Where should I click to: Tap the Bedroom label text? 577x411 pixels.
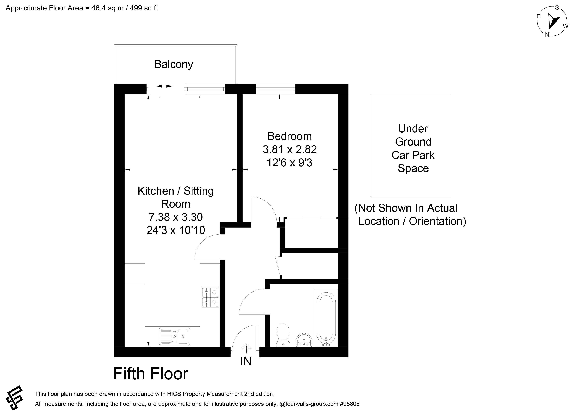290,136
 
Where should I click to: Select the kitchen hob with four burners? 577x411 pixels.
210,297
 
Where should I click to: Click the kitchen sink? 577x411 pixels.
174,336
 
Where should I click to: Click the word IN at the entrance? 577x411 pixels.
246,361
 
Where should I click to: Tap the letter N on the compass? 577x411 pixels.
547,35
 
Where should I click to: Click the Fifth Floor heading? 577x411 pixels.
151,373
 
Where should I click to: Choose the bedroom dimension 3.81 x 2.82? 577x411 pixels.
290,150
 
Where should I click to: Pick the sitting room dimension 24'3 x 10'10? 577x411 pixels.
176,230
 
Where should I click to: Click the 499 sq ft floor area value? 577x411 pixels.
144,8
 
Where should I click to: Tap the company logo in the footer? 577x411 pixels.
14,398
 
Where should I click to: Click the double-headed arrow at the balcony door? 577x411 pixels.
164,86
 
